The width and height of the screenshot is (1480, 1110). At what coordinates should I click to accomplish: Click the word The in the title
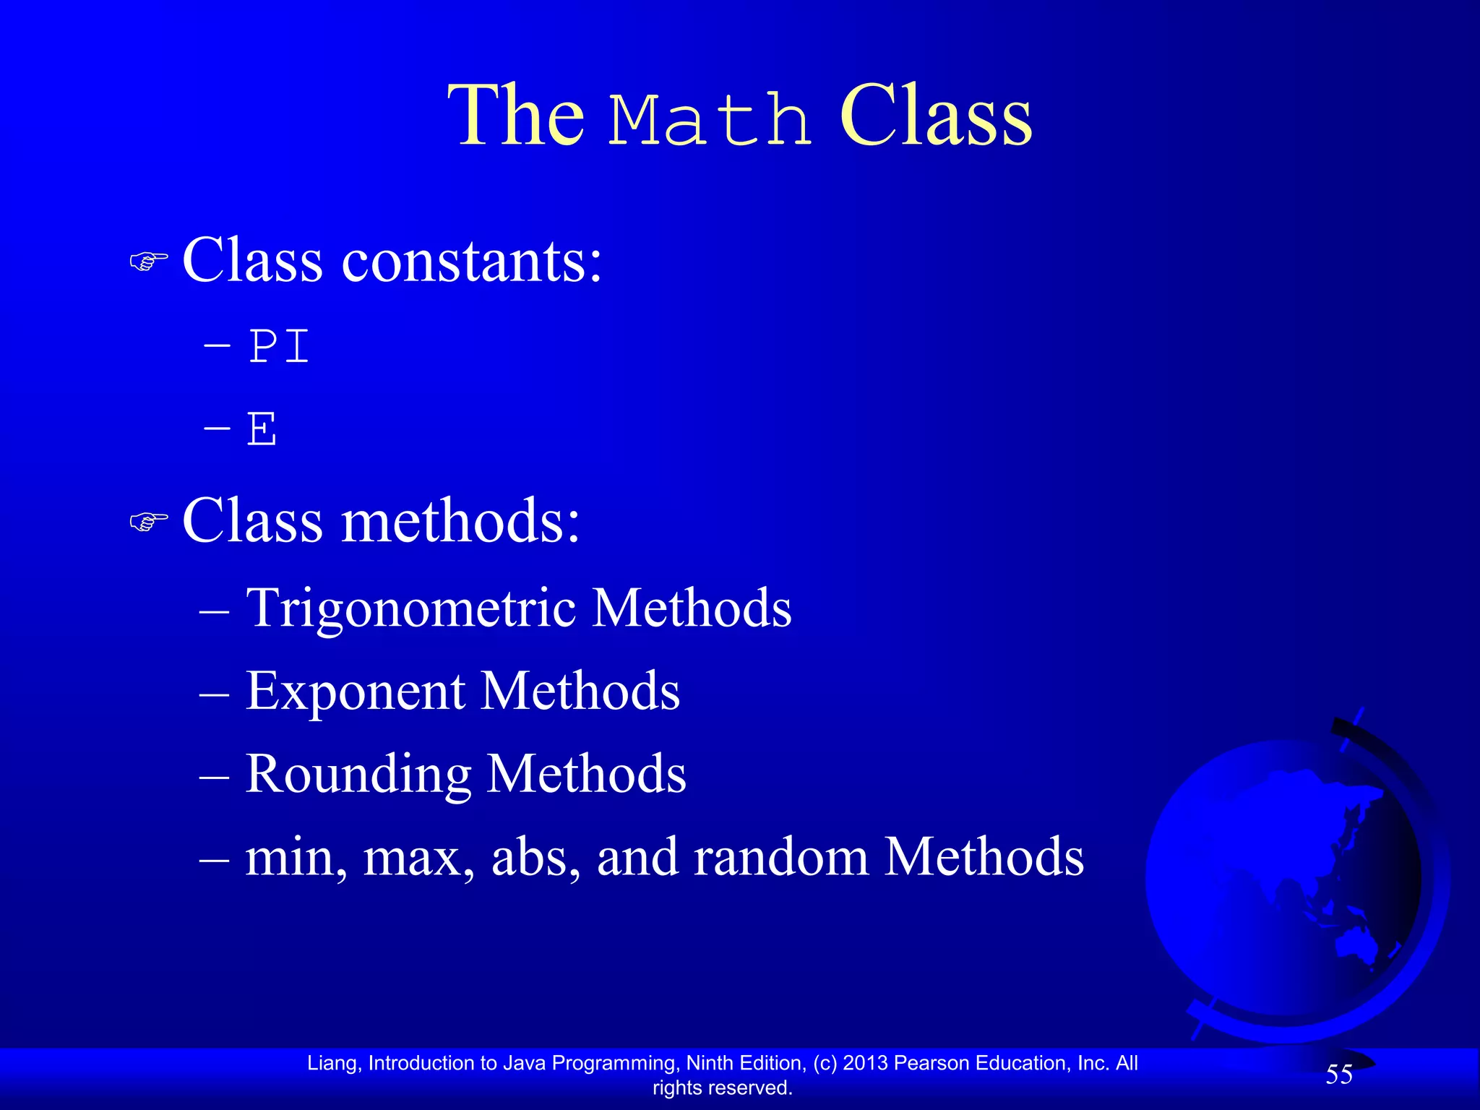click(x=517, y=116)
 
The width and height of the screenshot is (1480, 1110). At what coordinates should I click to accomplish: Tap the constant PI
click(x=279, y=347)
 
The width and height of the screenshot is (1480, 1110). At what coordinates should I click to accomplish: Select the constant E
click(x=262, y=429)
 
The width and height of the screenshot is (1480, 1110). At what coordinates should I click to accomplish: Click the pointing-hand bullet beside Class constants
click(x=149, y=261)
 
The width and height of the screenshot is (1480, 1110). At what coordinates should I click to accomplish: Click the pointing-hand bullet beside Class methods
click(x=149, y=521)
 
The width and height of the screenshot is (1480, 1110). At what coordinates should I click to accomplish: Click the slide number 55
click(x=1339, y=1075)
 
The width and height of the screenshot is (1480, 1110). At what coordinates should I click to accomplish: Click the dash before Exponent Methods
click(x=214, y=694)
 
